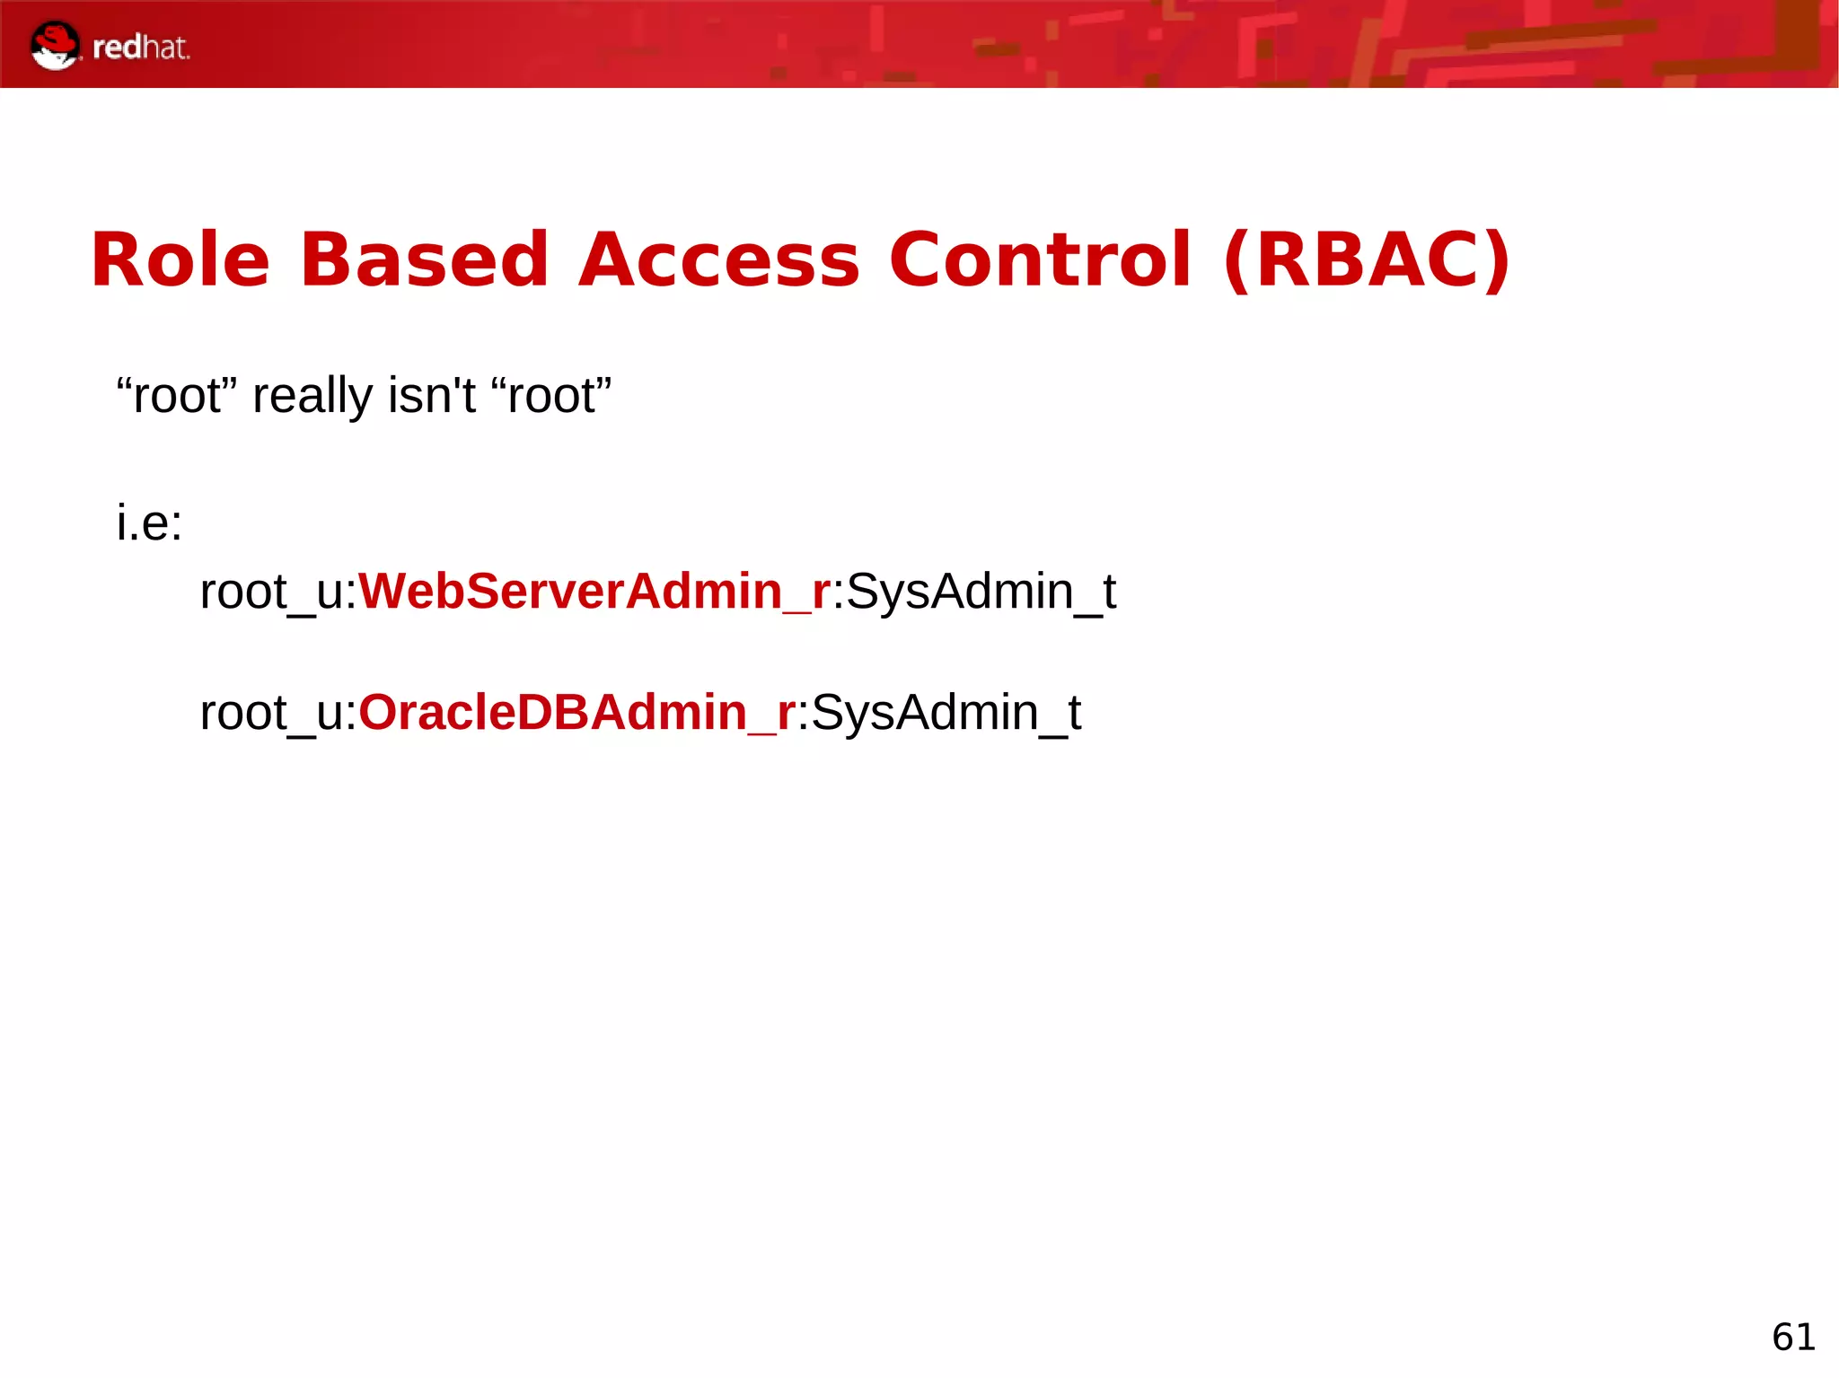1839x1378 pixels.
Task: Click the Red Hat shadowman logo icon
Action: [55, 46]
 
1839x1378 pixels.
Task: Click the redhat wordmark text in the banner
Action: [141, 48]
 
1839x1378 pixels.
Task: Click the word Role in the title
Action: [180, 260]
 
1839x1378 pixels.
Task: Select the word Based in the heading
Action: [424, 260]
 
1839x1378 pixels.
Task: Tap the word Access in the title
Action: [718, 260]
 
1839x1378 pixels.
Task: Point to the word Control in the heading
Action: [1040, 260]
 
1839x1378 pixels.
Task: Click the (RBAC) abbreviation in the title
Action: [1367, 260]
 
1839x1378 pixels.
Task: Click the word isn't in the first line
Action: [431, 396]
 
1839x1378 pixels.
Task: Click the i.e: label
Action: [149, 522]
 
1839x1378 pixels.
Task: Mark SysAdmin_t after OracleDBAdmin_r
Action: [946, 713]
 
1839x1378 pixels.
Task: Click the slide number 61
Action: [1793, 1337]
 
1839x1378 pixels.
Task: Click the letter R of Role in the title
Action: [115, 260]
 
